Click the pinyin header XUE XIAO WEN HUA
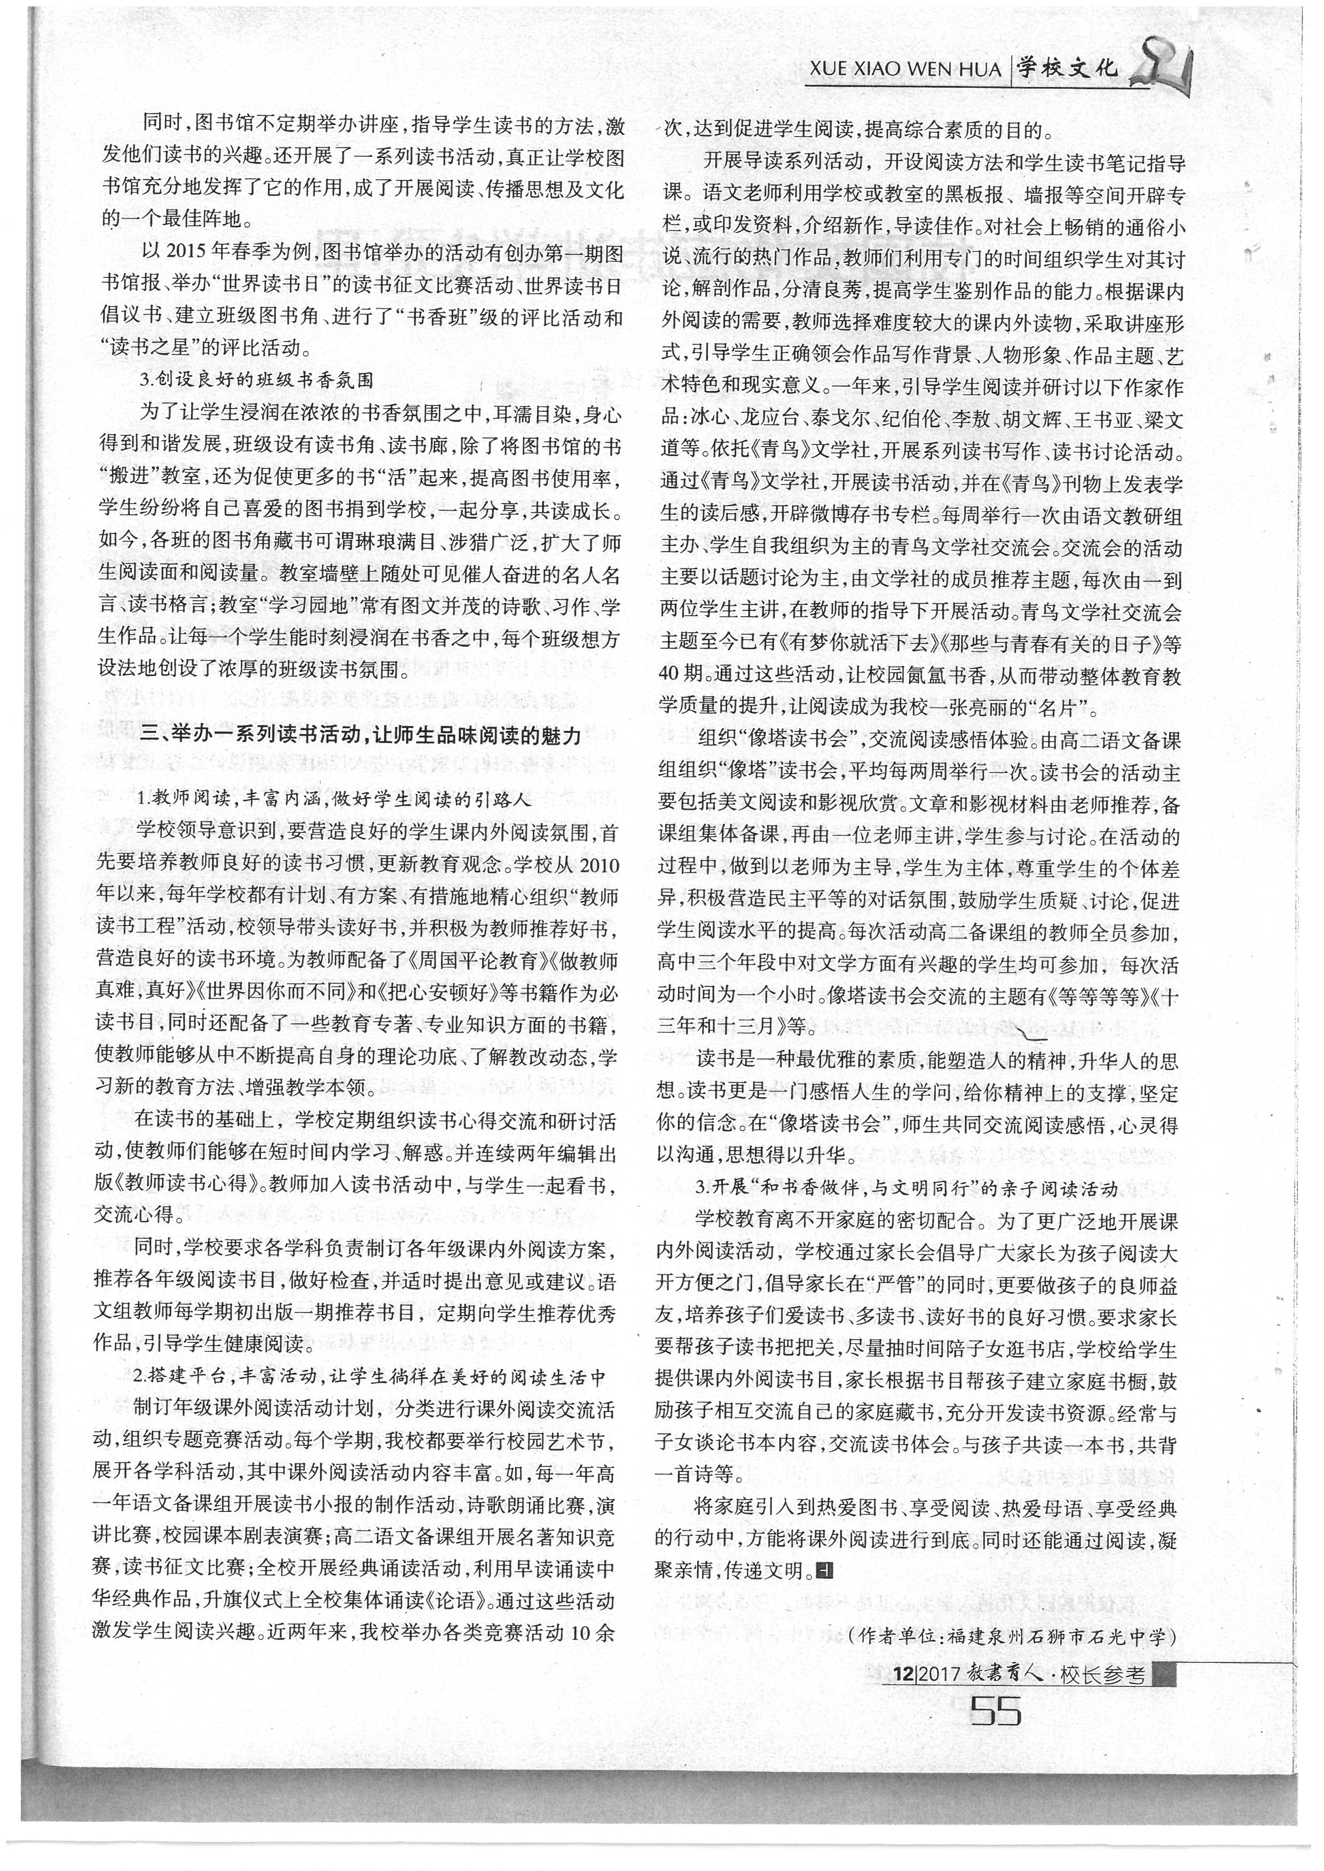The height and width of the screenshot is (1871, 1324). pos(904,69)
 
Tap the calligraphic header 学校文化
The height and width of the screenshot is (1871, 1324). pos(1067,68)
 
